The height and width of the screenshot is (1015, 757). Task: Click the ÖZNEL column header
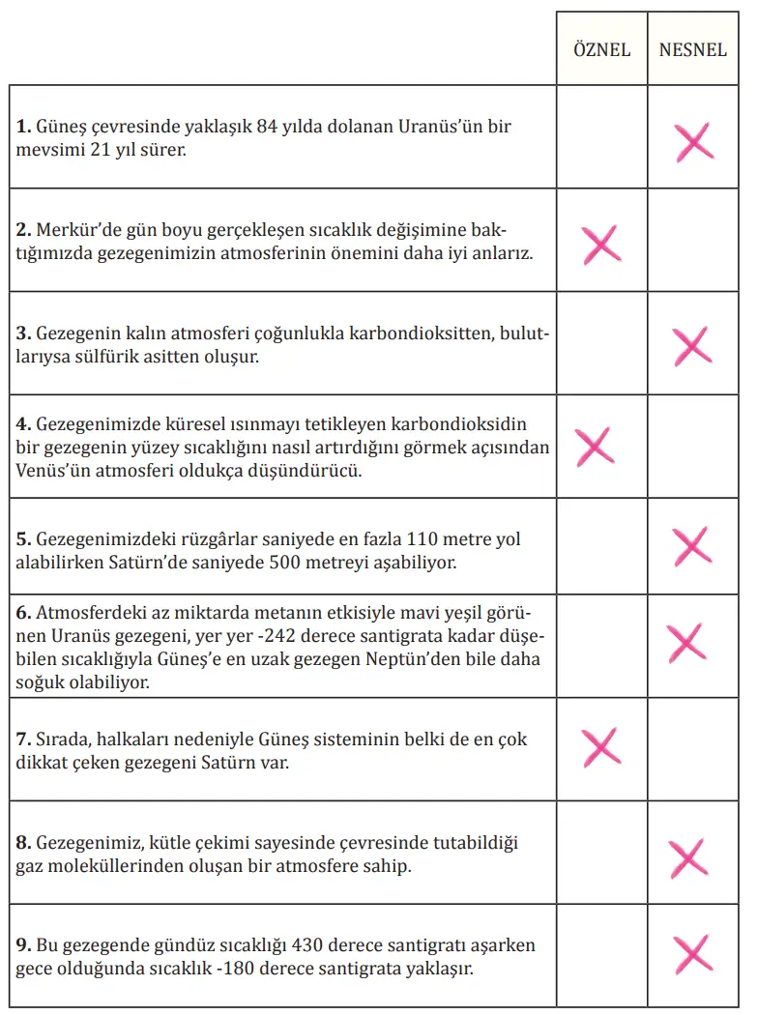601,49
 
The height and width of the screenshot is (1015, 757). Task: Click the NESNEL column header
692,49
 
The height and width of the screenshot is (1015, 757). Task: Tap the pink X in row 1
694,141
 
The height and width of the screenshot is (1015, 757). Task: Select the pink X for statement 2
601,244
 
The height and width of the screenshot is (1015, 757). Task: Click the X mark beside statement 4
595,446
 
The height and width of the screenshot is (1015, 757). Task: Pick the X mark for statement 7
600,747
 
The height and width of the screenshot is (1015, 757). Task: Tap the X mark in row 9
693,953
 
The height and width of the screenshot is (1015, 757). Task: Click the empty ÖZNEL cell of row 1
601,137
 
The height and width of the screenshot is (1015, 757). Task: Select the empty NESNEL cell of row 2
693,241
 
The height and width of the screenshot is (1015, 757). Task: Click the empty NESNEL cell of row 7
693,748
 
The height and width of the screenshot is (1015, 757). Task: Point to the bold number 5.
22,539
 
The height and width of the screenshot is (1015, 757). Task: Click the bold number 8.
22,844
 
